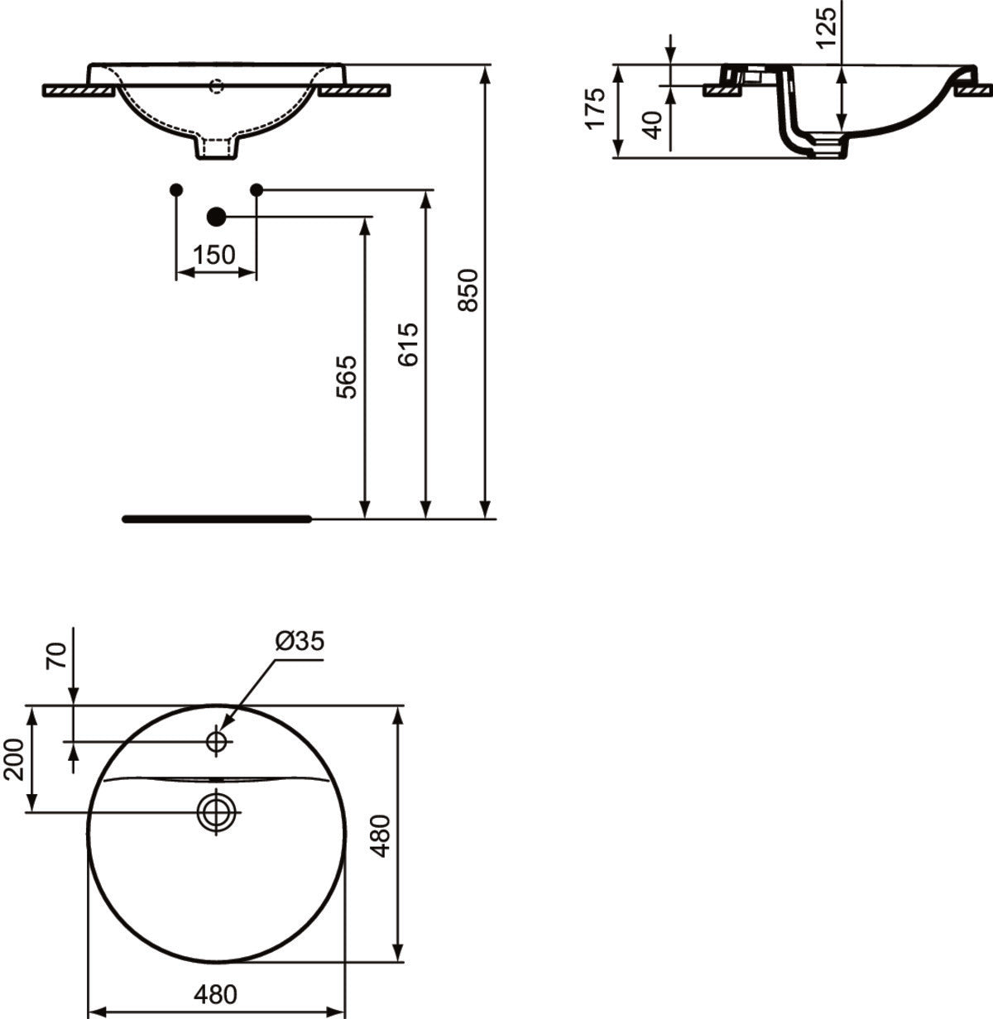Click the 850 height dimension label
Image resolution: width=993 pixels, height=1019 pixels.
tap(468, 290)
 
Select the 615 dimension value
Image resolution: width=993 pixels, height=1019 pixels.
tap(408, 344)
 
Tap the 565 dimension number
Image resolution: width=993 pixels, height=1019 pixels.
tap(347, 377)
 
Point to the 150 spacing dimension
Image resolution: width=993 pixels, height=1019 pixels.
tap(214, 255)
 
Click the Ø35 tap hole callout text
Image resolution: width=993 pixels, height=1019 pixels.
tap(300, 640)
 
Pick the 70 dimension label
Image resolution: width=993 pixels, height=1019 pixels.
tap(56, 656)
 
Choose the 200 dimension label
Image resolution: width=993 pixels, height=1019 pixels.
tap(14, 759)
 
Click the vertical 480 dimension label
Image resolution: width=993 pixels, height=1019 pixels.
tap(381, 835)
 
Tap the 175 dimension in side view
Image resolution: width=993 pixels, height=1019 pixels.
tap(595, 108)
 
